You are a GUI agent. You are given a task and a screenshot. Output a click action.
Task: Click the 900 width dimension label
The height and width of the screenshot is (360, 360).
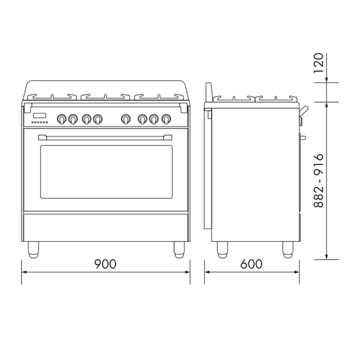click(106, 264)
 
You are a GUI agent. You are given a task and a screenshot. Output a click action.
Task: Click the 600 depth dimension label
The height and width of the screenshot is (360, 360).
click(251, 264)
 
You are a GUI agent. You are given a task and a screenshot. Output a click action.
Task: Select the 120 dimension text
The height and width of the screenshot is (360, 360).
click(319, 63)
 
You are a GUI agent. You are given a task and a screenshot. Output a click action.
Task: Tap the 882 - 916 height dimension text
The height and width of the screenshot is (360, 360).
click(319, 181)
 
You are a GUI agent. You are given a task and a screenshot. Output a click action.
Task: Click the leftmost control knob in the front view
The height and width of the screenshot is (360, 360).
click(62, 119)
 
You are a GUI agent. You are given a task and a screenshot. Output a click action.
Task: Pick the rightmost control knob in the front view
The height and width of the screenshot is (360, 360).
click(166, 119)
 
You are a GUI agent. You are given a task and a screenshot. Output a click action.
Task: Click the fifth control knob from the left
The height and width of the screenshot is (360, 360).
click(125, 119)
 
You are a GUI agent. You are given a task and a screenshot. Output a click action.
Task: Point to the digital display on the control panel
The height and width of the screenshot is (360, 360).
click(40, 115)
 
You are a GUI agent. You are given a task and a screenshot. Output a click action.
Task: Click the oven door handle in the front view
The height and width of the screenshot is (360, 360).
click(105, 137)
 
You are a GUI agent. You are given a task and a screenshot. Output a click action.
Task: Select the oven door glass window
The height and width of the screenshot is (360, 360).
click(106, 172)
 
